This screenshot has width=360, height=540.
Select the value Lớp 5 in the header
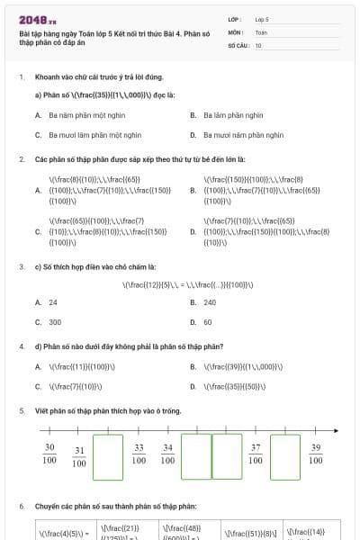point(262,18)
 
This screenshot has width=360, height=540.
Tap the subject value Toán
point(261,31)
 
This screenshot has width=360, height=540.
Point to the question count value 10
point(258,44)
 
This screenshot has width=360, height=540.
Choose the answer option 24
point(53,302)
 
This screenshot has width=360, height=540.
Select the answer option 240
point(210,302)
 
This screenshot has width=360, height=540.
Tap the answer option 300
point(55,321)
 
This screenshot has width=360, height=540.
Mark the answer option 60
point(208,321)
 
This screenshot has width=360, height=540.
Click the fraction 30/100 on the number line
point(49,454)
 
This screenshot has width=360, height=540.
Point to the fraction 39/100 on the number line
point(315,454)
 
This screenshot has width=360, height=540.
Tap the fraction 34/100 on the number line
point(167,454)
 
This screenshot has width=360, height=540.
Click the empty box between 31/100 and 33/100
point(108,457)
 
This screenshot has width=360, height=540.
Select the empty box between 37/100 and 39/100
point(285,457)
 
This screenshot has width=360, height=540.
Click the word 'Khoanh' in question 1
point(48,77)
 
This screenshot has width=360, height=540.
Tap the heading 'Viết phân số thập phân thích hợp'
point(108,411)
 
